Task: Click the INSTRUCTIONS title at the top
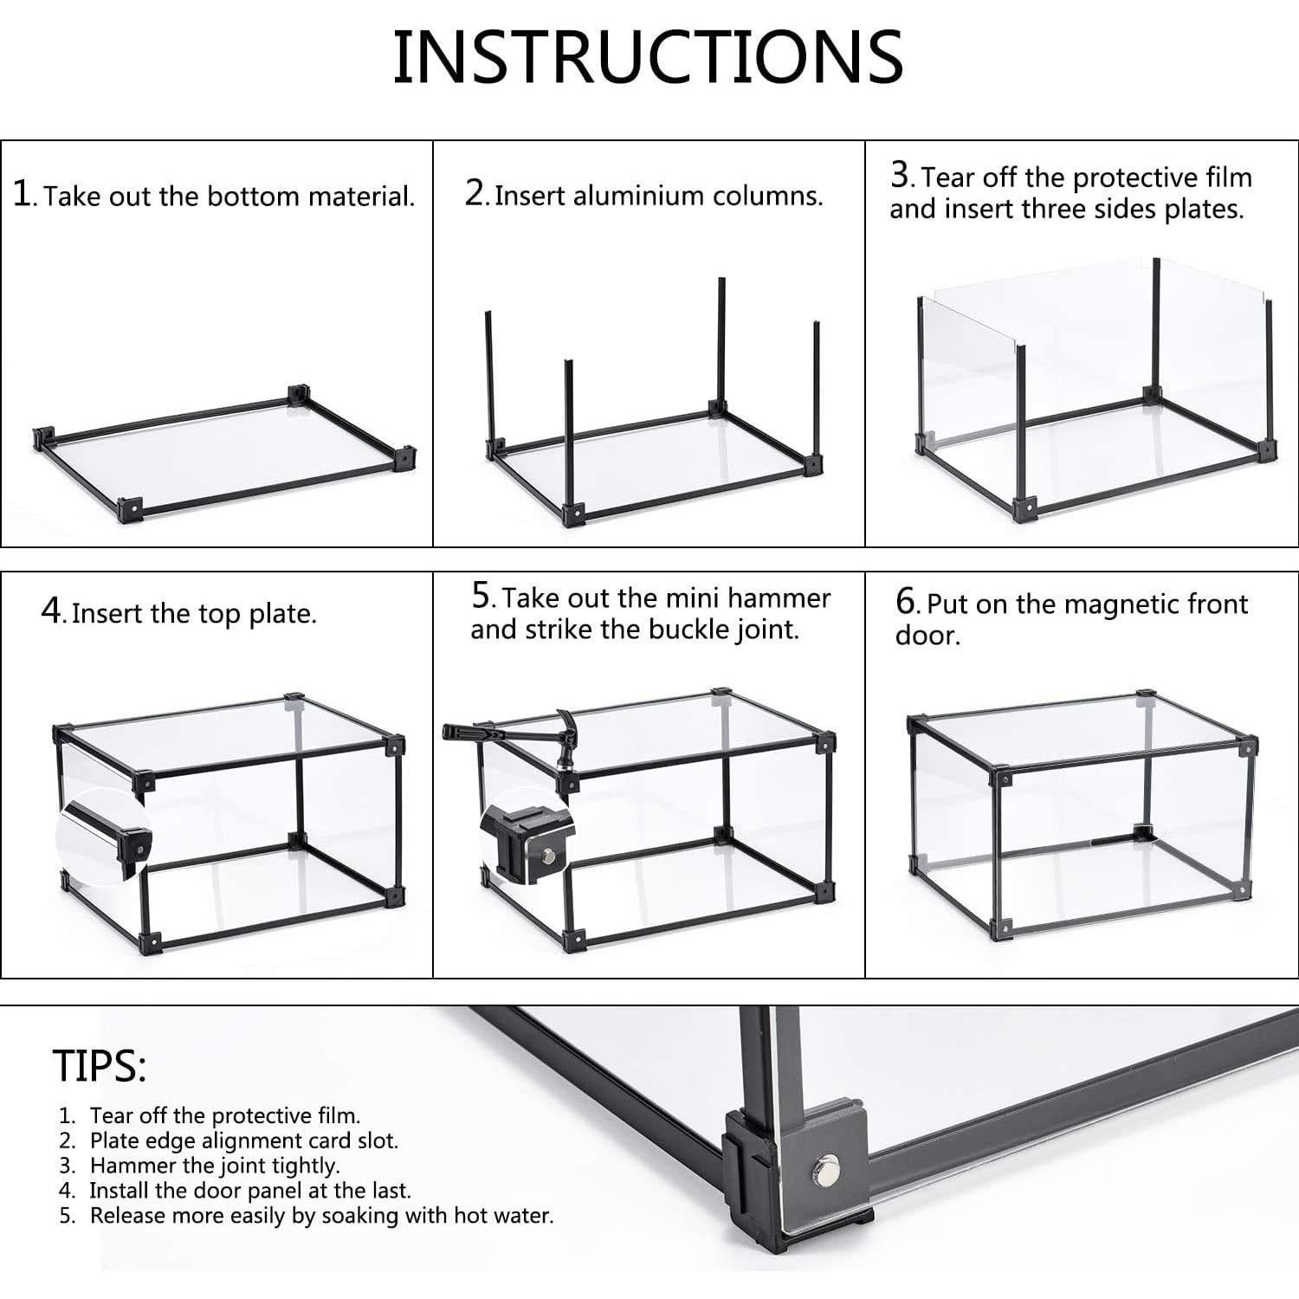tap(648, 57)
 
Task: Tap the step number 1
tap(23, 193)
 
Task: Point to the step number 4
tap(51, 611)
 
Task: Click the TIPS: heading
tap(99, 1065)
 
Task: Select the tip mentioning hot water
tap(320, 1216)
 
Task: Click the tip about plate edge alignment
tap(243, 1141)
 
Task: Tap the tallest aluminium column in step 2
tap(721, 342)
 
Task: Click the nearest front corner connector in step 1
tap(130, 510)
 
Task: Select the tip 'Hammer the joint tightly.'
tap(214, 1166)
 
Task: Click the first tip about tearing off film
tap(224, 1115)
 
